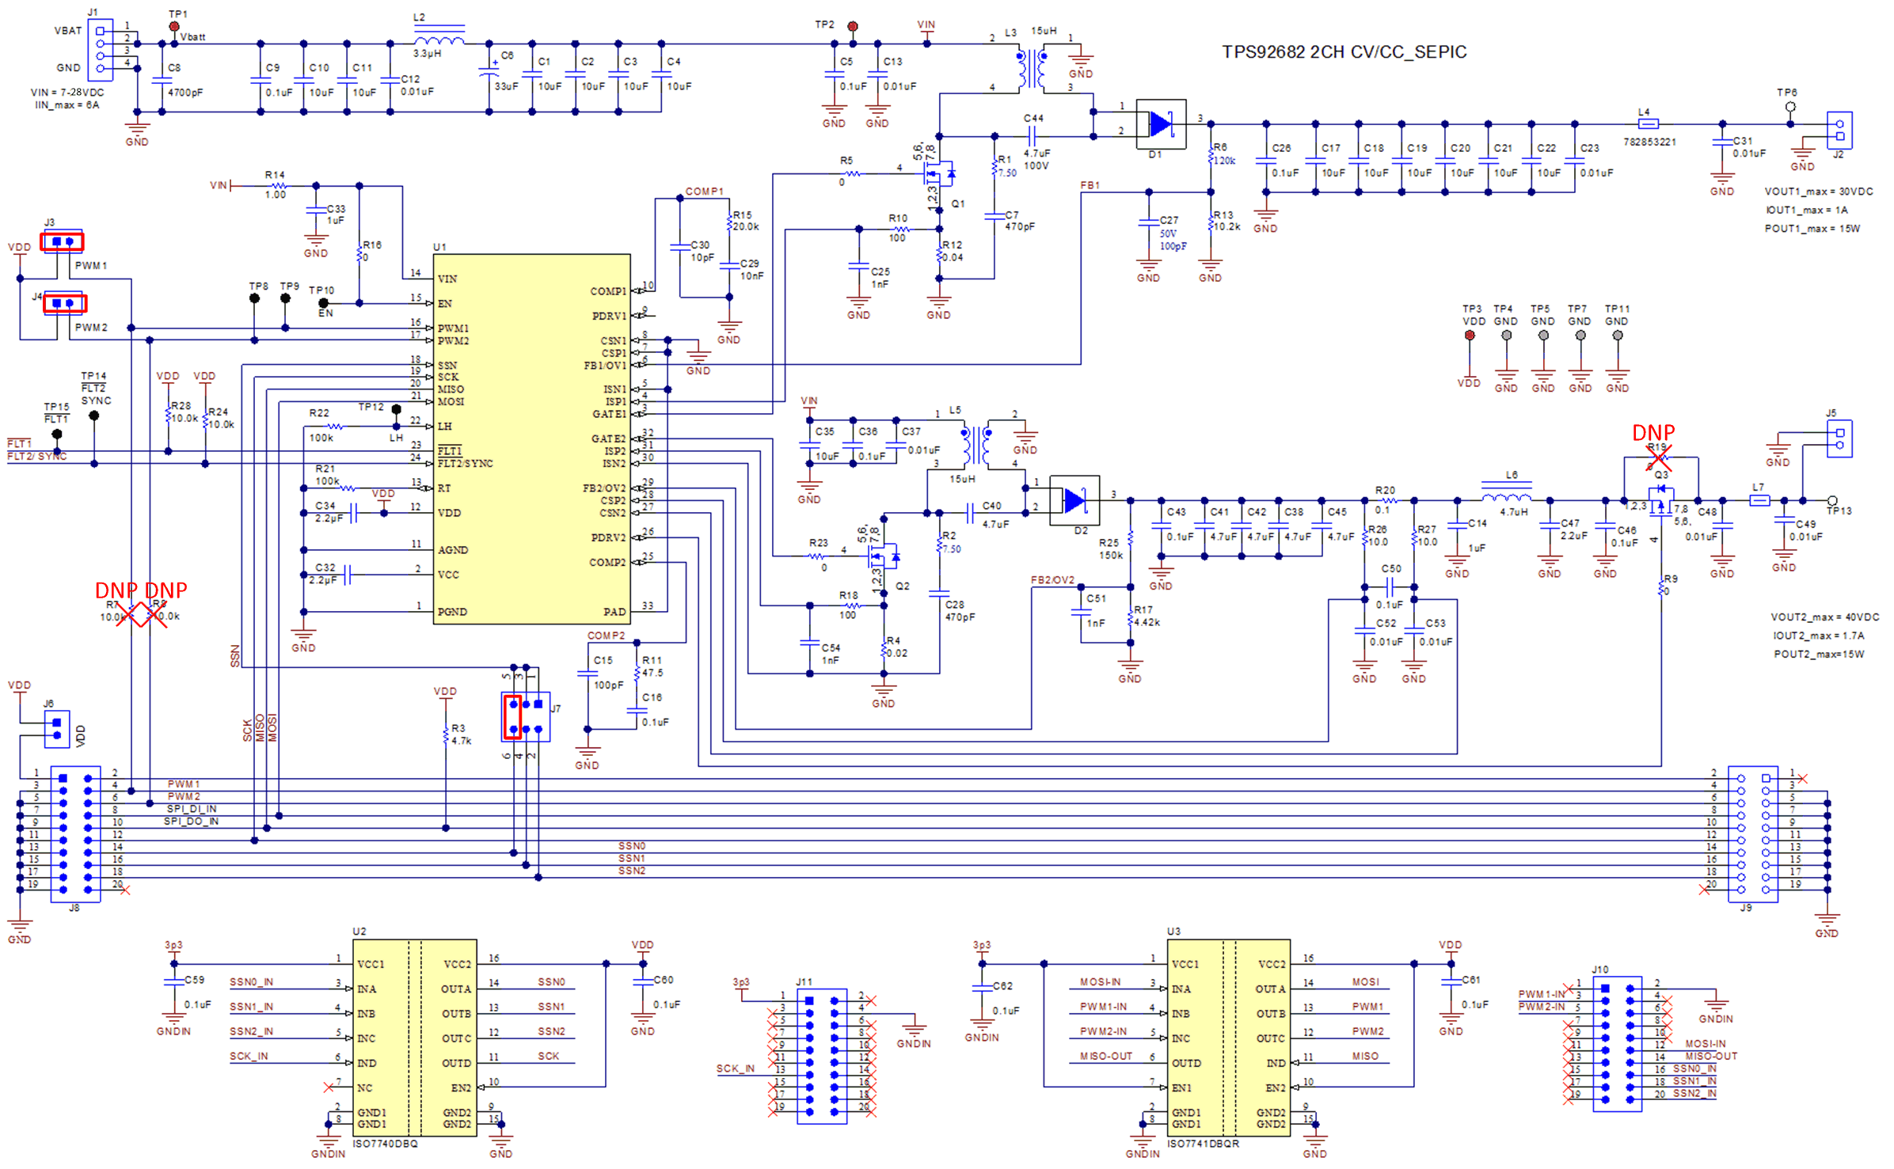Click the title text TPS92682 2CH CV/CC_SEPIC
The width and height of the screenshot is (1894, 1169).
pos(1344,52)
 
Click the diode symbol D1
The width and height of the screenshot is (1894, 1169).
pos(1160,124)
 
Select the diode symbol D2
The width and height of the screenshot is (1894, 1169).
pos(1074,500)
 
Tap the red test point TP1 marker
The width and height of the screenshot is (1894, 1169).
pos(174,27)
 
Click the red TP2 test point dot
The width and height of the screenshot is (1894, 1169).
pos(853,26)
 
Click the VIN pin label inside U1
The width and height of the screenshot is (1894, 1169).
pos(447,279)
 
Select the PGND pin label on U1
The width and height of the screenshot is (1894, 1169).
pos(451,612)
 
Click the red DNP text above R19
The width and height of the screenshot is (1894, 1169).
pos(1653,433)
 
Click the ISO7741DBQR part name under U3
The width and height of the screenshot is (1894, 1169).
pos(1204,1144)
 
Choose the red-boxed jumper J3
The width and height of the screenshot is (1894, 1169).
pos(63,241)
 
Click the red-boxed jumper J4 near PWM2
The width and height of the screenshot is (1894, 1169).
pos(64,303)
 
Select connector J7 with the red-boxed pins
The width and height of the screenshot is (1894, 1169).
pos(526,716)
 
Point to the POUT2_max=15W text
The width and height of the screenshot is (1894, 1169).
pos(1819,655)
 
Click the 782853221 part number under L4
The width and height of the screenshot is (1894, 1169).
pos(1649,142)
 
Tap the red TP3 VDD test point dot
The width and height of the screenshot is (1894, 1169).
pos(1470,336)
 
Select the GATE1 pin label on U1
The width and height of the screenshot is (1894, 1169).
pos(609,414)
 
